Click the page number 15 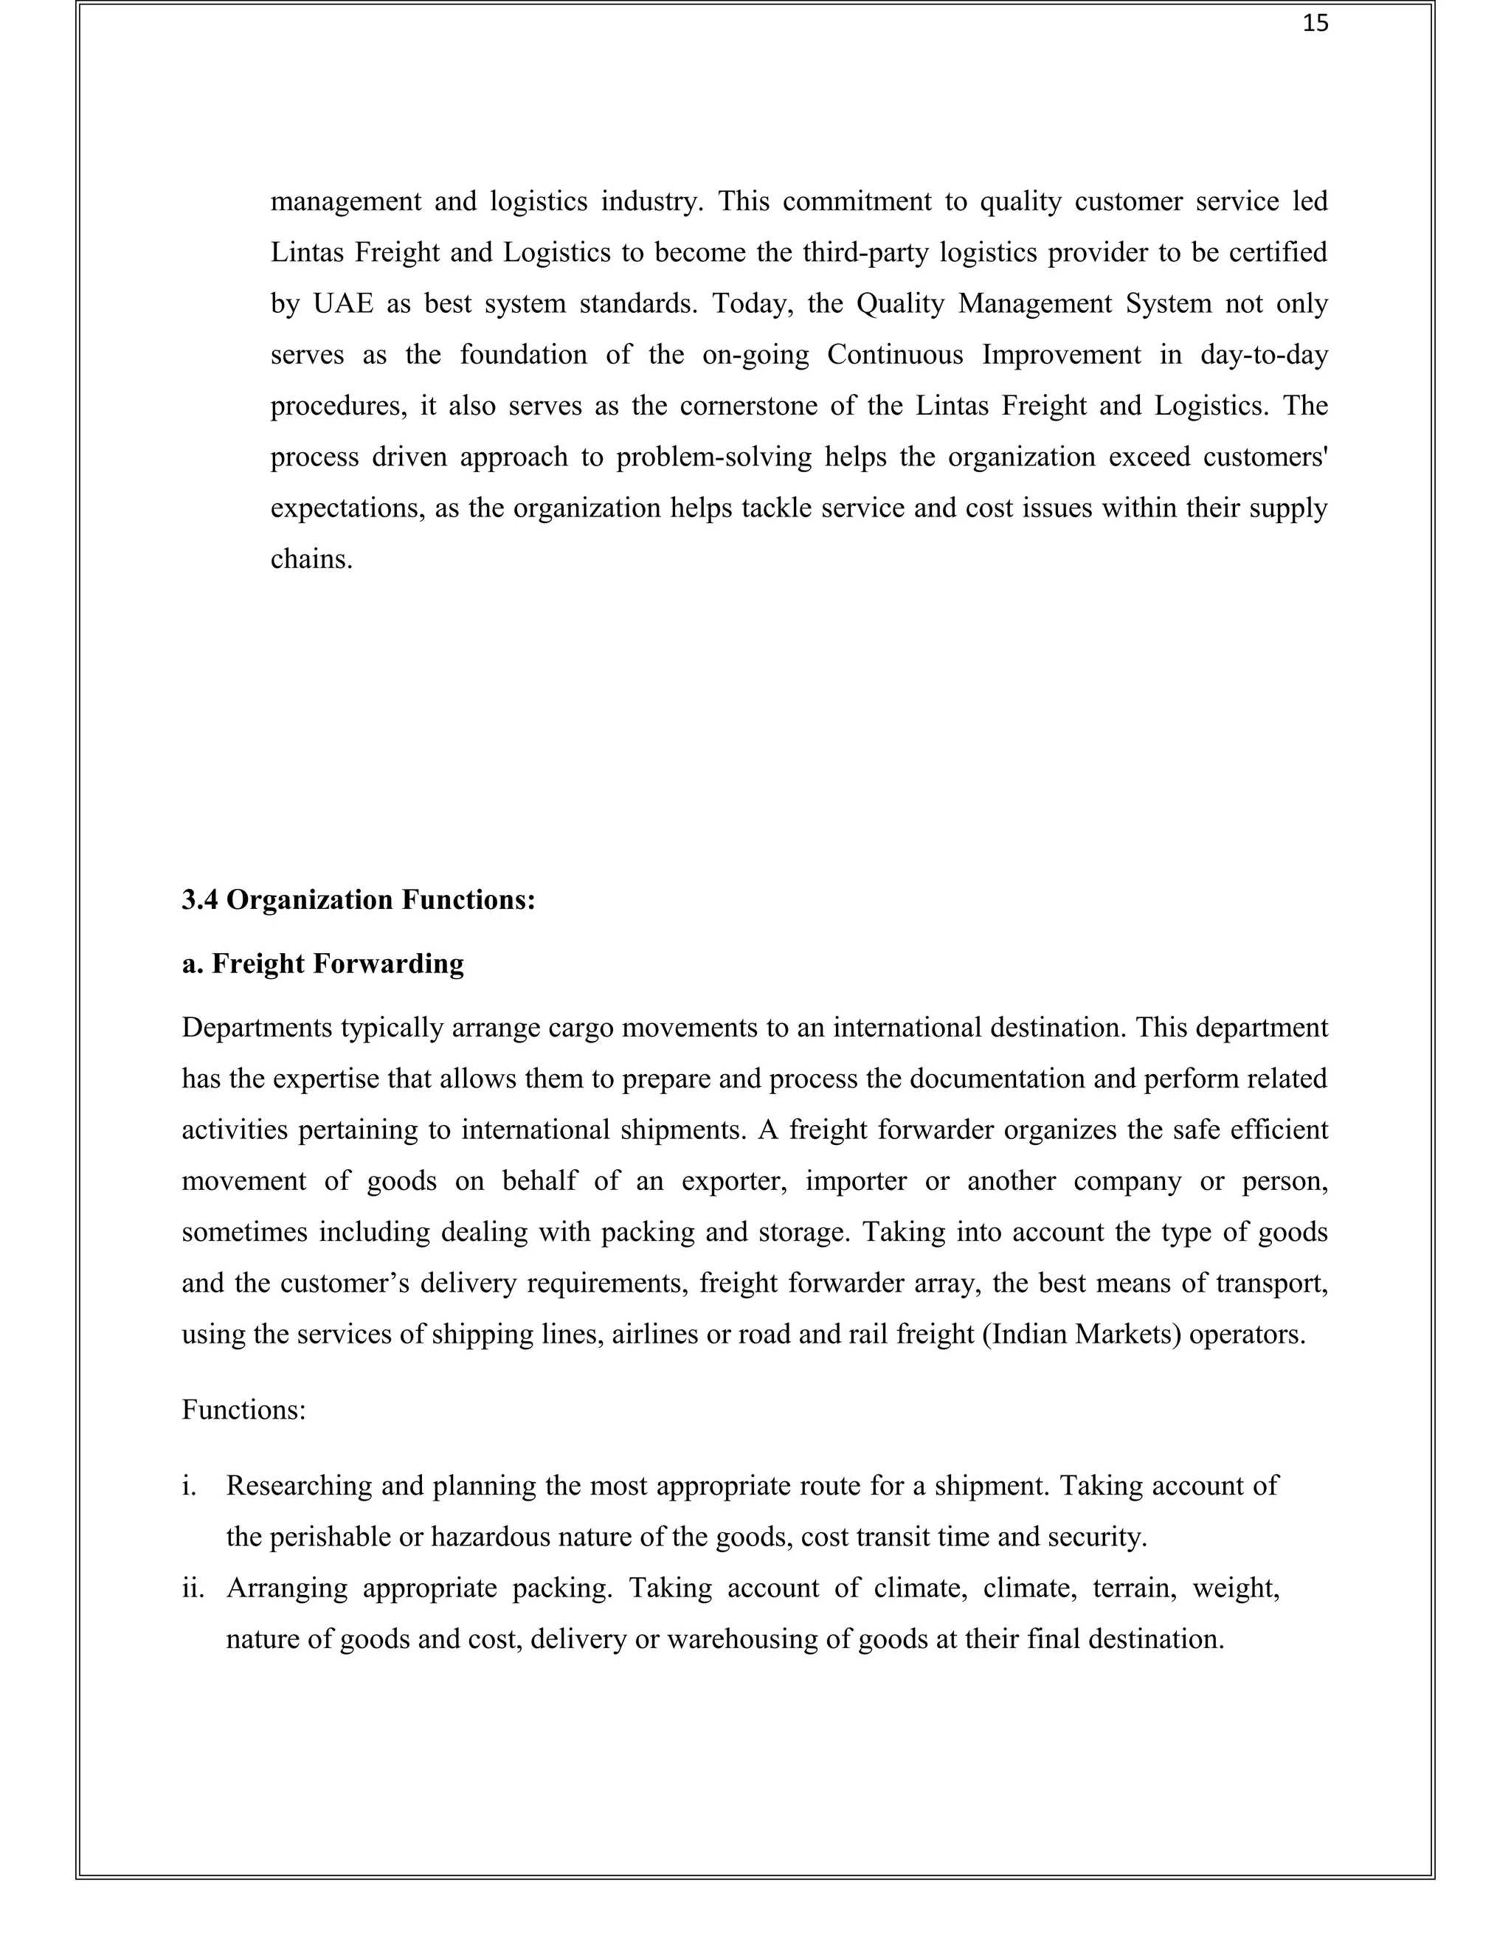pos(1315,25)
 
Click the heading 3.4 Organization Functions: pos(358,899)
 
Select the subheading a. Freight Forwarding pos(322,964)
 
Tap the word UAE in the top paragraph pos(343,305)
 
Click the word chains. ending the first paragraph pos(311,559)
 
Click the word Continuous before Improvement pos(894,356)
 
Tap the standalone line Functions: pos(243,1410)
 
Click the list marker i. pos(188,1486)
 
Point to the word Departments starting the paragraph pos(255,1028)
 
